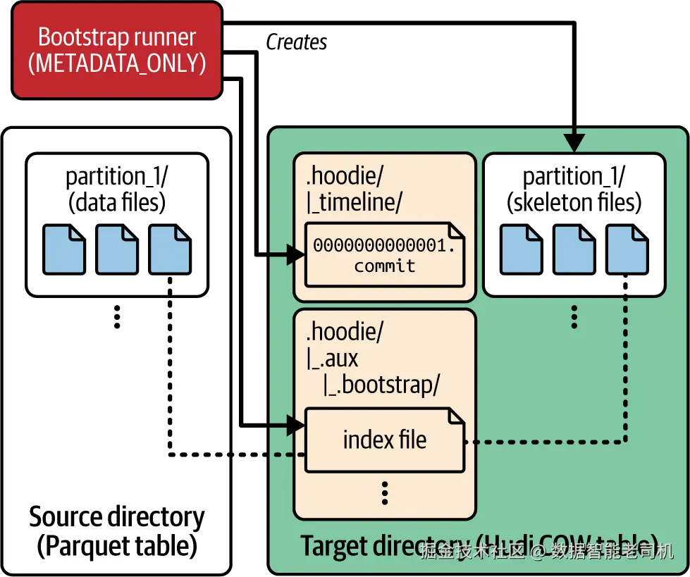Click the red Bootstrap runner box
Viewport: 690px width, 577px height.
tap(117, 49)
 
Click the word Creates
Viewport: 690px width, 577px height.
tap(297, 42)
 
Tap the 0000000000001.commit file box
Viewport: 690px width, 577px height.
tap(384, 256)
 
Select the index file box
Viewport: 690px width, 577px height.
tap(384, 440)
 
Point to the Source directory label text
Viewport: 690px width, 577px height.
tap(117, 517)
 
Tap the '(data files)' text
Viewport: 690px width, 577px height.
tap(117, 203)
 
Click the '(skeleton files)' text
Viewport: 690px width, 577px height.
tap(574, 203)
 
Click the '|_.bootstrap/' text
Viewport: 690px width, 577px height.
tap(381, 385)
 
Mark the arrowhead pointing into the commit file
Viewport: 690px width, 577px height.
tap(295, 255)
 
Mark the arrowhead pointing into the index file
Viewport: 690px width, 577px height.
tap(295, 425)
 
